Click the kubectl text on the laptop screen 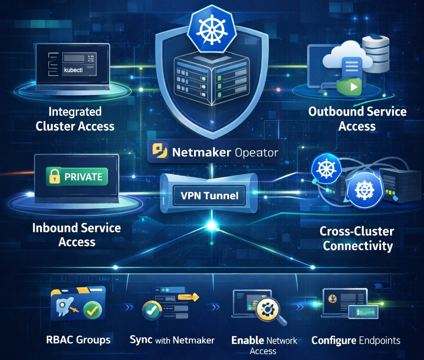coord(73,71)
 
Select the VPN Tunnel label coord(210,195)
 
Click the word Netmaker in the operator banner coord(201,152)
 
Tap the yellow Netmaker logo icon coord(160,152)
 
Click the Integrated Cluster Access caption coord(75,119)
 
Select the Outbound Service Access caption coord(357,119)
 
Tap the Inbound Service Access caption coord(77,235)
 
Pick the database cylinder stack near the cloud coord(376,54)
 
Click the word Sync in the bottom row coord(141,340)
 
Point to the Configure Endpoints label coord(356,341)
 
